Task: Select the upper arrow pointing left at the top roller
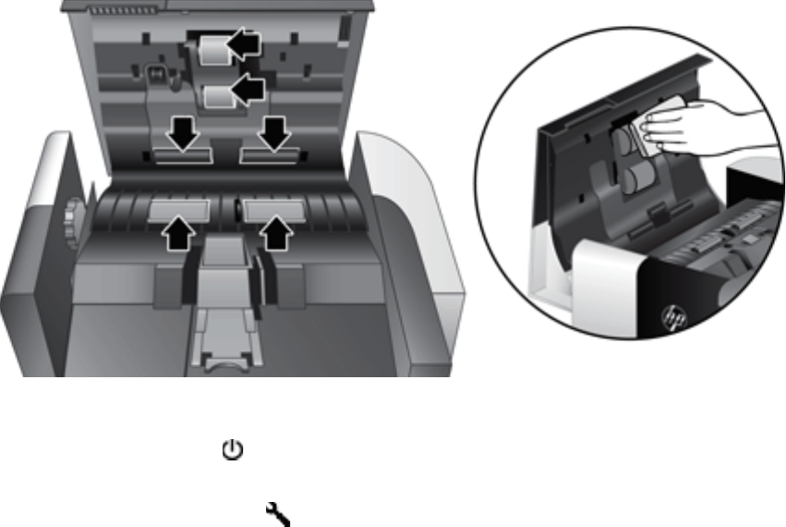(x=244, y=42)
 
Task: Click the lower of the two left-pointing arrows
(x=247, y=90)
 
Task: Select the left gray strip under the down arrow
(x=184, y=155)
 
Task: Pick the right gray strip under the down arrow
(x=269, y=155)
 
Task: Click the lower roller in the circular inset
(x=635, y=179)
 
